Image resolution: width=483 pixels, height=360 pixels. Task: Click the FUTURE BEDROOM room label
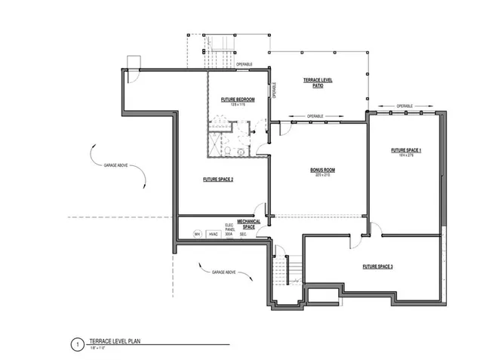tap(238, 100)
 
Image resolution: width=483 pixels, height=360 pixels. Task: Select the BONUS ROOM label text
tap(322, 170)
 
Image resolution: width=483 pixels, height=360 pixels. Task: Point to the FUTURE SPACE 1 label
tap(406, 152)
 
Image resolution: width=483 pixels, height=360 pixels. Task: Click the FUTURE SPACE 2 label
tap(218, 180)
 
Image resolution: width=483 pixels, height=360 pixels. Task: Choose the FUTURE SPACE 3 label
tap(377, 266)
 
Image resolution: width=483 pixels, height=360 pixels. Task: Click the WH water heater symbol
tap(196, 234)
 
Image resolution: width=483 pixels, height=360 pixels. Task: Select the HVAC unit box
tap(212, 234)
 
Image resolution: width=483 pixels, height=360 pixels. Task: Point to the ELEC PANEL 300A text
tap(229, 229)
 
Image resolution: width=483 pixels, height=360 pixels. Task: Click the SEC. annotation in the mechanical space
tap(243, 235)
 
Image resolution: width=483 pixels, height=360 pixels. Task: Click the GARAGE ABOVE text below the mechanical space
tap(224, 271)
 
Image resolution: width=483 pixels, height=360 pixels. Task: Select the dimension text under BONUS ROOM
tap(322, 176)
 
